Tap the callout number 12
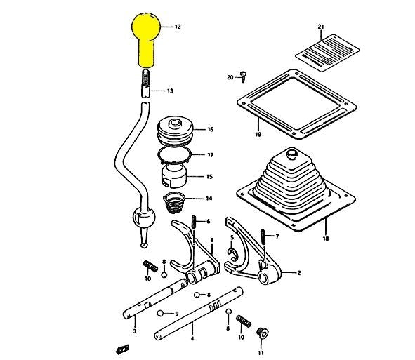coord(178,27)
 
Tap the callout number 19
coord(258,133)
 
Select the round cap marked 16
coord(171,131)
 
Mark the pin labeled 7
coord(263,236)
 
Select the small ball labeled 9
coord(161,312)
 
